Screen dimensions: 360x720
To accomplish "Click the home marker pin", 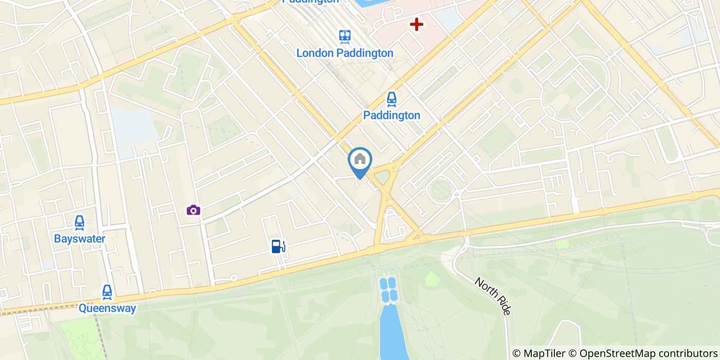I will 360,160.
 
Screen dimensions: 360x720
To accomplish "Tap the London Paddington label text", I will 345,53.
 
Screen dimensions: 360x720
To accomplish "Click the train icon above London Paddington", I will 345,36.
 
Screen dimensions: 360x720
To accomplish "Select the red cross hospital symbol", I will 416,24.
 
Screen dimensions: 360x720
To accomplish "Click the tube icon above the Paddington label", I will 391,98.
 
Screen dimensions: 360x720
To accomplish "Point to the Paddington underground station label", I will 391,115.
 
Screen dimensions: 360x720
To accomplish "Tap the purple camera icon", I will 193,210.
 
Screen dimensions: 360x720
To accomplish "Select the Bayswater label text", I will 80,239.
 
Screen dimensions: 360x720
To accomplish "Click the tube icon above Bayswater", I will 80,222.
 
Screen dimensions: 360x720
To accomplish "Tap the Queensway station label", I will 107,309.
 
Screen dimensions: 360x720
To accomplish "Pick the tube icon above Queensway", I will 107,292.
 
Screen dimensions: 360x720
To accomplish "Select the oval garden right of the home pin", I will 441,191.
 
